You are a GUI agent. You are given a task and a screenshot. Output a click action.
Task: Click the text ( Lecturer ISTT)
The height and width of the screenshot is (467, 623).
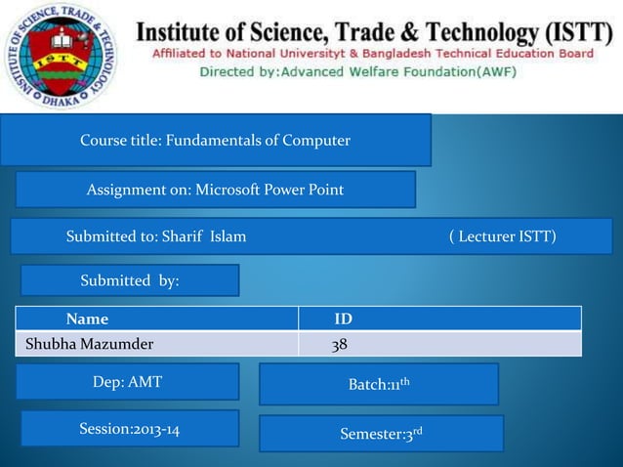click(503, 236)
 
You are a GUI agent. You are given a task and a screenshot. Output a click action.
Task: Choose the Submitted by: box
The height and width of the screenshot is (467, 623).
click(130, 280)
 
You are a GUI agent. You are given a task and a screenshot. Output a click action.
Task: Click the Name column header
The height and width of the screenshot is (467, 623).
click(87, 318)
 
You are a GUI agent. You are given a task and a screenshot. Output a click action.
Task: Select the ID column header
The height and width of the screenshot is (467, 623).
click(344, 318)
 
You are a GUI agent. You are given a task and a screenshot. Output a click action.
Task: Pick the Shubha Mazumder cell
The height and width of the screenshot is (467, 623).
click(89, 344)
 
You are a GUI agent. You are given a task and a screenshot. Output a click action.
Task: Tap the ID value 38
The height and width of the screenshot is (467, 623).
click(340, 344)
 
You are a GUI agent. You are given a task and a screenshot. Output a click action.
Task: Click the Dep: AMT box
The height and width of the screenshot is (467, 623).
click(128, 382)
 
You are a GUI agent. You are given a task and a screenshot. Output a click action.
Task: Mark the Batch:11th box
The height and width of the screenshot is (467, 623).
click(379, 384)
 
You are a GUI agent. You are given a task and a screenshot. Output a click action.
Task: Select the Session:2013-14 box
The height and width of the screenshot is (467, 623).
click(129, 429)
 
